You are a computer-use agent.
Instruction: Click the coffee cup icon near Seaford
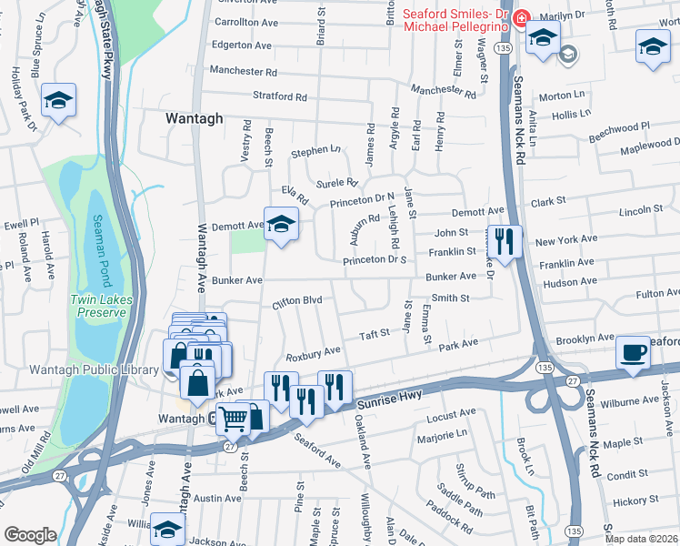633,352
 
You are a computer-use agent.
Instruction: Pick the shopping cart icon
234,420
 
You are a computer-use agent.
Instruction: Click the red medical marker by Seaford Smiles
521,18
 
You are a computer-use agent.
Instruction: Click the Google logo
30,535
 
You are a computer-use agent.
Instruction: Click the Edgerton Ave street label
241,45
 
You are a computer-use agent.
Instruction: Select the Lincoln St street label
641,211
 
